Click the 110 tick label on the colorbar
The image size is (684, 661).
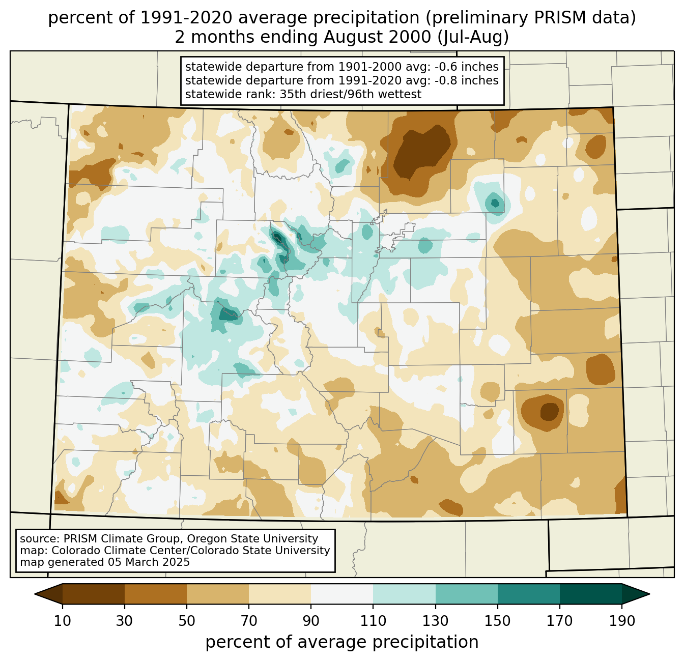coord(373,621)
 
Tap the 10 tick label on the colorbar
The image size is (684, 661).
coord(63,621)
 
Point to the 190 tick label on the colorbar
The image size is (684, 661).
coord(621,621)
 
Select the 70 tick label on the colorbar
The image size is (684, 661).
coord(249,621)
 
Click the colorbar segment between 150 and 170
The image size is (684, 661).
coord(528,594)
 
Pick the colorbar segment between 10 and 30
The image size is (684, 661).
coord(94,594)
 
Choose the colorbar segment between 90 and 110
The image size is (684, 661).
coord(342,594)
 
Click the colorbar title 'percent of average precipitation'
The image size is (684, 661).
coord(342,642)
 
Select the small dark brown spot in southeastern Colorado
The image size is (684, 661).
coord(549,410)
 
